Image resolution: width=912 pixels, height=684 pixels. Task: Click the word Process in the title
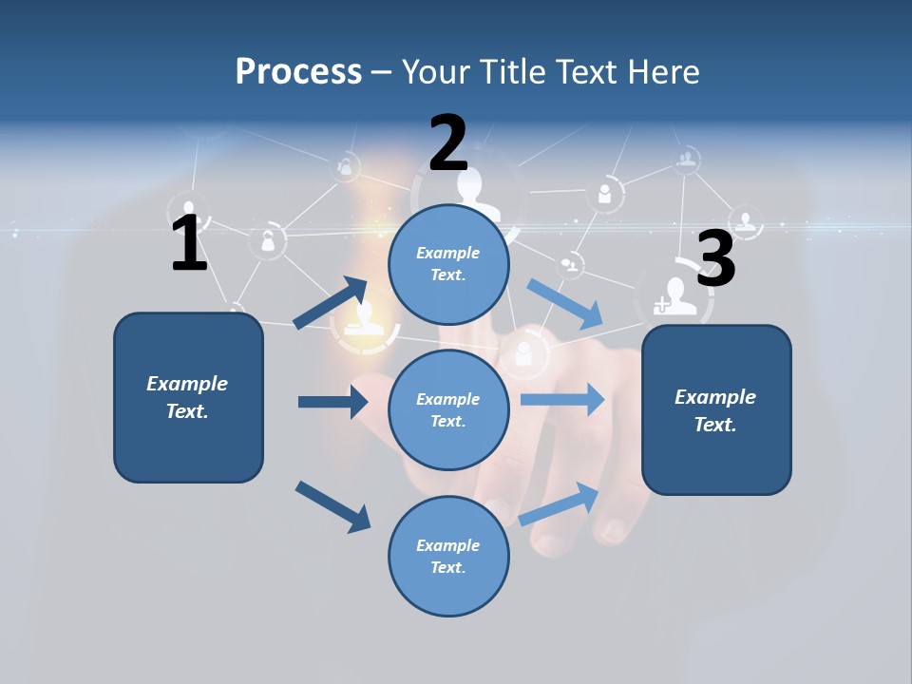[298, 71]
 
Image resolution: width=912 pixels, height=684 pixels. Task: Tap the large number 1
[189, 243]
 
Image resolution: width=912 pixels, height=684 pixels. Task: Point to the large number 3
[715, 259]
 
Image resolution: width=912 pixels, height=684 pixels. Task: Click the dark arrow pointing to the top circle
[332, 302]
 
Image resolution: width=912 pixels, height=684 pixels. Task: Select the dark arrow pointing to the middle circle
[332, 402]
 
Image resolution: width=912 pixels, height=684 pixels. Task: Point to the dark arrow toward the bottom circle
[332, 506]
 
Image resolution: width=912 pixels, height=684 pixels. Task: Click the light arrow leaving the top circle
[565, 304]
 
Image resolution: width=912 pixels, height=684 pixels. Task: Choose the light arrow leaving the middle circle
[562, 399]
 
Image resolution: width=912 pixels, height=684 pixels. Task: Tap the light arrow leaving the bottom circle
[560, 503]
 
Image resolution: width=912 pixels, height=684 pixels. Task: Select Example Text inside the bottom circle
[447, 557]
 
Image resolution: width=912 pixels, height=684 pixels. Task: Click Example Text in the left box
[187, 397]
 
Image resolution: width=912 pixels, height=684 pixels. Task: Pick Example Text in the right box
[715, 410]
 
